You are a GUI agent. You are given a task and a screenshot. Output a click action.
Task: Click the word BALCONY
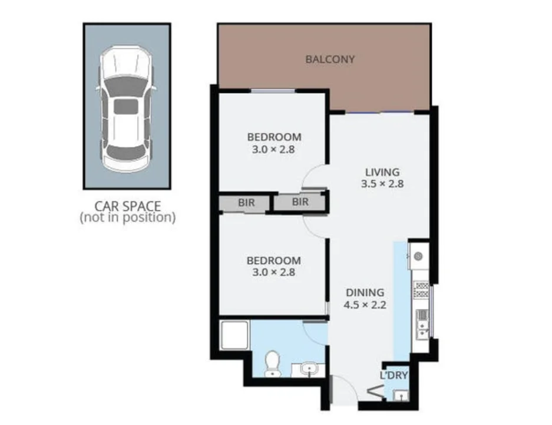coord(330,59)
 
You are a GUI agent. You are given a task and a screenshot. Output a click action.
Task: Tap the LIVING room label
coord(382,172)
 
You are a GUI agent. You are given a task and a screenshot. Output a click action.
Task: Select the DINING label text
coord(365,292)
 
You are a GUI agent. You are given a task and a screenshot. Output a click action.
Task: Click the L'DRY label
coord(394,375)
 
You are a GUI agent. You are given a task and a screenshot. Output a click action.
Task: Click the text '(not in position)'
coord(127,218)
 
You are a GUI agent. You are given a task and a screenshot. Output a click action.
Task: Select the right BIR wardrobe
coord(300,202)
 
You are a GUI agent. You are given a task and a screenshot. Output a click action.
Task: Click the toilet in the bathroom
coord(272,362)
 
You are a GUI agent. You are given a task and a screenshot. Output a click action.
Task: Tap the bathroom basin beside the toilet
coord(309,370)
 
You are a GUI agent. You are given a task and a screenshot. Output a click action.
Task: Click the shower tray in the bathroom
coord(234,337)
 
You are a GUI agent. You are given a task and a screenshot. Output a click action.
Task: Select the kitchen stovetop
coord(421,289)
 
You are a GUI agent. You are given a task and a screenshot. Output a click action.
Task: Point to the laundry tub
coord(400,395)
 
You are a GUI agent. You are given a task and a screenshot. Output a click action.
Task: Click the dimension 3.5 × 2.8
coord(382,184)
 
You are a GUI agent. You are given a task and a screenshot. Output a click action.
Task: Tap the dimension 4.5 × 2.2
coord(365,305)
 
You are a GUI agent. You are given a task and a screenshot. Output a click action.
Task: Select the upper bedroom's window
coord(272,90)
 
